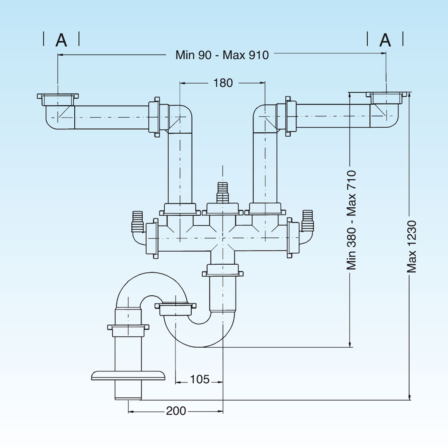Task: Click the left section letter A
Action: (62, 40)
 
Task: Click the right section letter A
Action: (385, 40)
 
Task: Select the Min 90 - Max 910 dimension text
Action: (222, 55)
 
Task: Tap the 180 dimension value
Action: (223, 83)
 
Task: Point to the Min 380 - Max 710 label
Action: (351, 220)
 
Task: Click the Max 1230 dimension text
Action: (411, 246)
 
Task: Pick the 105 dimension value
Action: (200, 380)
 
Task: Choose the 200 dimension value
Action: (176, 411)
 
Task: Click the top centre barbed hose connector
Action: (223, 192)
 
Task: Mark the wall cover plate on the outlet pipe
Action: (128, 375)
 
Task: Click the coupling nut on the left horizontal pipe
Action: (155, 117)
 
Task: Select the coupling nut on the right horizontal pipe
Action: (290, 116)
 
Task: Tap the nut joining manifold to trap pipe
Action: (223, 270)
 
